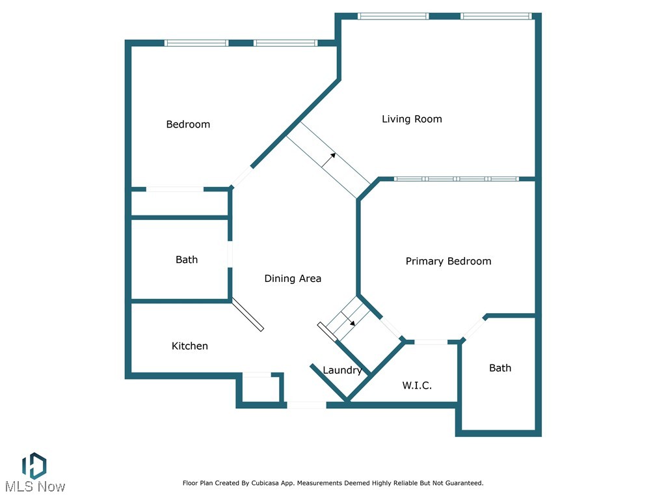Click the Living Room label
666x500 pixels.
(x=412, y=119)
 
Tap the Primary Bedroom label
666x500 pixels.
(x=448, y=261)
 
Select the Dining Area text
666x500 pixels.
(x=293, y=279)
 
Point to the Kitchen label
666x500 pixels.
(x=189, y=346)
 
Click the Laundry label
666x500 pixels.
(x=342, y=370)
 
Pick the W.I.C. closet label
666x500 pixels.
(x=417, y=385)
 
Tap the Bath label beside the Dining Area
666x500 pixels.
(x=187, y=260)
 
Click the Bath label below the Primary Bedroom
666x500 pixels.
(x=500, y=368)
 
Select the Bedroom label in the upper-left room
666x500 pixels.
(x=188, y=124)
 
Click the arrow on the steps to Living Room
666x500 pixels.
(x=328, y=160)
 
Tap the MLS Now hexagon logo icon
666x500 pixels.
(x=34, y=466)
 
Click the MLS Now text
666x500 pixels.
(x=35, y=487)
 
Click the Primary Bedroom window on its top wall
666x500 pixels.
(x=457, y=179)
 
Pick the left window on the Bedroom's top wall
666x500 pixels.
(x=196, y=43)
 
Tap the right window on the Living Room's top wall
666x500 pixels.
(x=496, y=16)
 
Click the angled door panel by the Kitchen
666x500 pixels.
(x=248, y=314)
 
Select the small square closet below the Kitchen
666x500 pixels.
(x=261, y=388)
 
